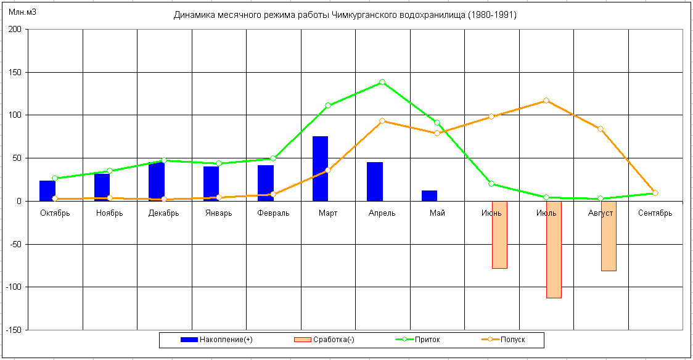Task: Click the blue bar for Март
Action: [x=320, y=168]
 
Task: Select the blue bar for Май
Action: [x=429, y=195]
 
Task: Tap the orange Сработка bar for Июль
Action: [x=554, y=249]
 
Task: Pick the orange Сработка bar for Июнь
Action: [x=499, y=234]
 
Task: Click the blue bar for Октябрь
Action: [x=47, y=190]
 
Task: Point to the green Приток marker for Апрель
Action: [x=382, y=82]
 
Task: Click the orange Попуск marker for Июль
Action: [x=546, y=100]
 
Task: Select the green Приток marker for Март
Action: [x=328, y=105]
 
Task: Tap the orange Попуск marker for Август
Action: [x=601, y=129]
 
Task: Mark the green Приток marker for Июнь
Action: [x=491, y=184]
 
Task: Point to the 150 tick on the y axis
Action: [x=14, y=72]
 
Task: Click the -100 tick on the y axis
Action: [x=12, y=287]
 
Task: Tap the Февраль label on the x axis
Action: [x=273, y=213]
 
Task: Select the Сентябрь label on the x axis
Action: [x=655, y=213]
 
